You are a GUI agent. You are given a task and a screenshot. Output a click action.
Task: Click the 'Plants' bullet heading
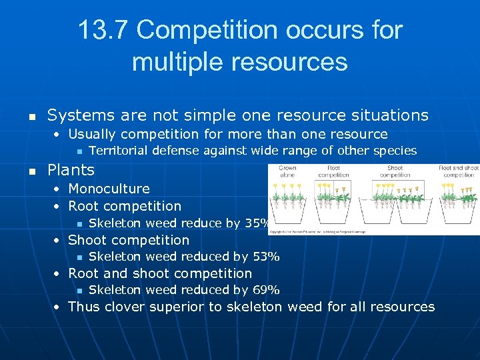[x=71, y=170]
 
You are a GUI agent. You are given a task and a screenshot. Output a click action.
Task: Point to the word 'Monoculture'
[x=109, y=189]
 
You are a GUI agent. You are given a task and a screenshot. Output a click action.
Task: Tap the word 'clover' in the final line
[x=125, y=307]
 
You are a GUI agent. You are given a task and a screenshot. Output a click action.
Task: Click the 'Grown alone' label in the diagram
[x=287, y=171]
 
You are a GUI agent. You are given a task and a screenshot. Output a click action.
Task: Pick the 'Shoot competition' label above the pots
[x=395, y=171]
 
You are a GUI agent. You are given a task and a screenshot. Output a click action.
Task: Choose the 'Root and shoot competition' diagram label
[x=459, y=171]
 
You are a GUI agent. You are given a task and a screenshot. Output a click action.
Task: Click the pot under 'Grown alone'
[x=288, y=212]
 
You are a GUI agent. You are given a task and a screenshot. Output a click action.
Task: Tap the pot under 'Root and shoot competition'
[x=459, y=212]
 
